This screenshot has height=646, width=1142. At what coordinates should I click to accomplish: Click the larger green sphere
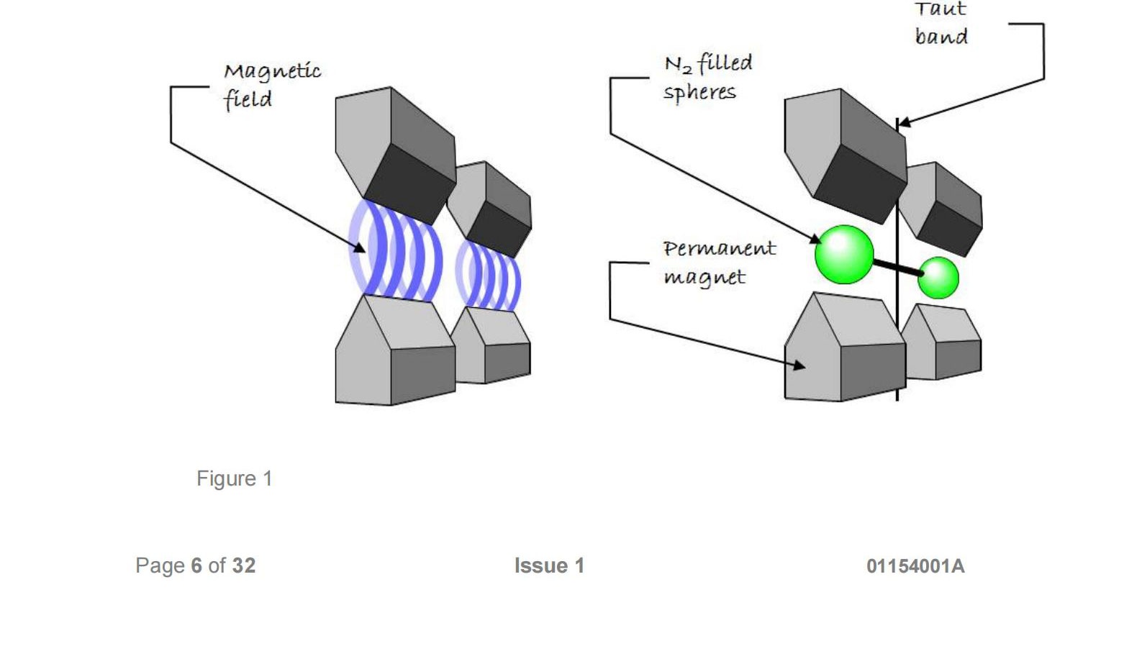844,254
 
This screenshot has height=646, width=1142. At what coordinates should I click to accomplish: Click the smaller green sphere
938,278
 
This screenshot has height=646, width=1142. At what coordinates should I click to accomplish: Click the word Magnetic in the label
272,71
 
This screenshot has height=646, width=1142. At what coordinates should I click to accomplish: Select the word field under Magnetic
248,99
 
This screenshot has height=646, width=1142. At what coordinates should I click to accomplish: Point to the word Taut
940,9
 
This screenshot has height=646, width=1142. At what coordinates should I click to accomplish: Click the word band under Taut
941,36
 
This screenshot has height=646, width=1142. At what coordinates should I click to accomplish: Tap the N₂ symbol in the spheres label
678,65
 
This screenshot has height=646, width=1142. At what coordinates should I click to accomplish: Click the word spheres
699,93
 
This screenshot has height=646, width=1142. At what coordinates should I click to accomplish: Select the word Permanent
719,249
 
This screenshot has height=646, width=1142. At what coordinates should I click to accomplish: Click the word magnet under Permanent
704,278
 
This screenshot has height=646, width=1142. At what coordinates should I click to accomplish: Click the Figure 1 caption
235,478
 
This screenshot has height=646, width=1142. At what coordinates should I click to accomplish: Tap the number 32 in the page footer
243,565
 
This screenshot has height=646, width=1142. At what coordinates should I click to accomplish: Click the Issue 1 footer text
549,565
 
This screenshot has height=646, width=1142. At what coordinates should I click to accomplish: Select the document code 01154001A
915,566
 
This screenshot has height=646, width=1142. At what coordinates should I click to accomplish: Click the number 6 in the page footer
196,565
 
